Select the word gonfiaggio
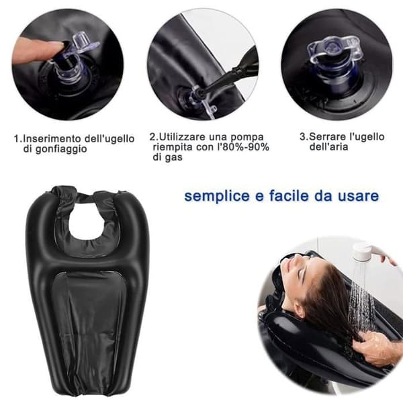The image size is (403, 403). (61, 150)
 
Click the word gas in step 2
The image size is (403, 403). (173, 158)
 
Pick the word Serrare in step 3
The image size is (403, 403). (326, 137)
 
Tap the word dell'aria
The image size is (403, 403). (328, 146)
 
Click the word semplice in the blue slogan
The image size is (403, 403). (217, 197)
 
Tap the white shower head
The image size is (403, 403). (363, 251)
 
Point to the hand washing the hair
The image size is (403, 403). (375, 347)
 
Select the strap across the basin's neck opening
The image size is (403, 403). (85, 197)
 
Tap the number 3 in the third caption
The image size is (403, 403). (302, 137)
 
